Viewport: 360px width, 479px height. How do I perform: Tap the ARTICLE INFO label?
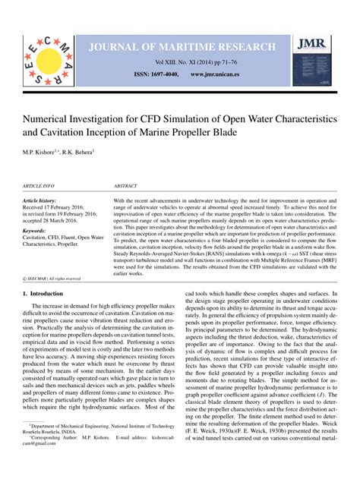(x=39, y=185)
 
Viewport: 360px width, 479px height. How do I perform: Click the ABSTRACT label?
(x=125, y=185)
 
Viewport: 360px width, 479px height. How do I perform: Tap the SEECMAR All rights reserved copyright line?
(x=52, y=279)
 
